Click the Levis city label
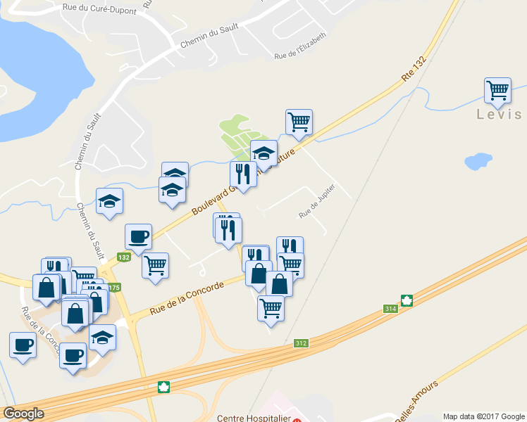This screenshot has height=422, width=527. pos(499,115)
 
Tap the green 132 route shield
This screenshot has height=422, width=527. pos(124,257)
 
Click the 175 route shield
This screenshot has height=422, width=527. pos(115,287)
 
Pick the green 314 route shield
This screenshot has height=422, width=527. pos(390,308)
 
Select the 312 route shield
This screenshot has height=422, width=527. pos(301,343)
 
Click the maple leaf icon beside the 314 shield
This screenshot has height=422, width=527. pos(407,300)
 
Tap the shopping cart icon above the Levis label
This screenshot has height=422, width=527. pos(497,91)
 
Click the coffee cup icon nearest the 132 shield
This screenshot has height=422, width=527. pos(137,237)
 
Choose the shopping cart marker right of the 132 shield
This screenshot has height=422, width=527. pos(155,266)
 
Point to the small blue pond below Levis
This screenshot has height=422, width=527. pos(478,161)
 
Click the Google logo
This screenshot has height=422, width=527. pos(23,414)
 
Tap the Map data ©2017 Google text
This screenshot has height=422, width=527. pos(483,416)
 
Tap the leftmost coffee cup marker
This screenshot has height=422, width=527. pos(23,345)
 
